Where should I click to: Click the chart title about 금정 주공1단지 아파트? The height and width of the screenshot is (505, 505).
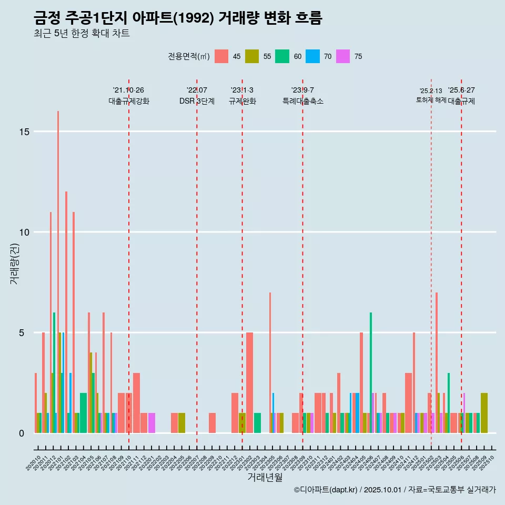pos(177,18)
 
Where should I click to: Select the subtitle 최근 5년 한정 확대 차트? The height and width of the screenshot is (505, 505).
pos(82,34)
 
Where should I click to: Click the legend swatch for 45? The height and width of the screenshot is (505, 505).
pos(221,56)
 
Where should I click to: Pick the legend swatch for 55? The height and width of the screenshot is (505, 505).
pos(252,56)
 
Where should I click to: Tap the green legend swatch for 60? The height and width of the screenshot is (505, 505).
pos(282,56)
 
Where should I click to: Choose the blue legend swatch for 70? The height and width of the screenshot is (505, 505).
pos(313,56)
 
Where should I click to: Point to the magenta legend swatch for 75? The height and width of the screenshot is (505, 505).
pos(344,56)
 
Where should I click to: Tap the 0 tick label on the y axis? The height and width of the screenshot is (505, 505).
pos(22,433)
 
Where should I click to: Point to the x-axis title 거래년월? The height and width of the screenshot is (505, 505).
pos(265,478)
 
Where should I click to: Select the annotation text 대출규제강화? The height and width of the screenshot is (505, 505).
pos(129,101)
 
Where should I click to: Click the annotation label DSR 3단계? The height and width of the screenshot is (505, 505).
pos(197,101)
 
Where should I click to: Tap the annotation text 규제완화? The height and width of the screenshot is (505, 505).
pos(242,101)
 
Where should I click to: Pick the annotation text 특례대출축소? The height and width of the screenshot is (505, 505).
pos(302,101)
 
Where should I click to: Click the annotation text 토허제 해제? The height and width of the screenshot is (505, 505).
pos(431,100)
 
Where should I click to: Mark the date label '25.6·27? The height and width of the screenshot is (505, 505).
pos(461,90)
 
